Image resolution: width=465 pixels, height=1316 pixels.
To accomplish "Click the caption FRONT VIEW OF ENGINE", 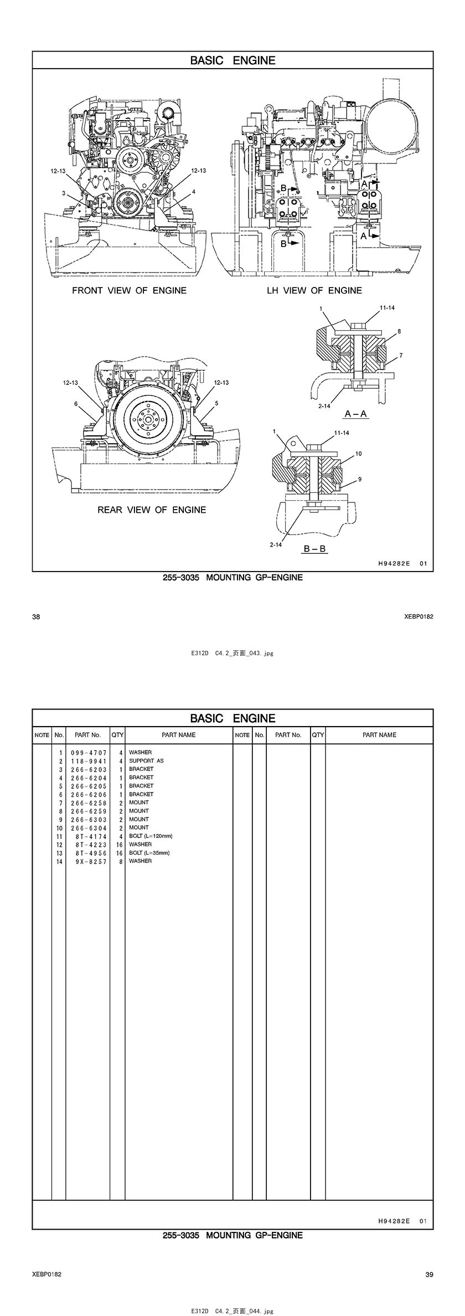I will point(129,290).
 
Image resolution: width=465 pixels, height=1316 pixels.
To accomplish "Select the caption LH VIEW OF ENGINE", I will point(314,290).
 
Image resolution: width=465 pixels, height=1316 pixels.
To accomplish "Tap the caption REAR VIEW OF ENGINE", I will point(152,510).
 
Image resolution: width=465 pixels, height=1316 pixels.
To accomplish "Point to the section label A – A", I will point(356,413).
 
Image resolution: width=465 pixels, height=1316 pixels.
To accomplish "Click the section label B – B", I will point(314,549).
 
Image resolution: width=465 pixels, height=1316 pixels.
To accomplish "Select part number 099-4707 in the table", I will point(89,753).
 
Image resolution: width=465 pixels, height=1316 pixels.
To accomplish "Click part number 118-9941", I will point(89,761).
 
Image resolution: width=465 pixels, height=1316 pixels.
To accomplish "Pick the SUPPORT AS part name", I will point(146,761).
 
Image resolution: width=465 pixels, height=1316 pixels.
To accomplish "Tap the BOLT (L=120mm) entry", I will point(151,836).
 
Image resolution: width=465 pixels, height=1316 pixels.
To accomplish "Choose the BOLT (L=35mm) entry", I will point(149,852).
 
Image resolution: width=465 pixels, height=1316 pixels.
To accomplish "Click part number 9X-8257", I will point(91,861).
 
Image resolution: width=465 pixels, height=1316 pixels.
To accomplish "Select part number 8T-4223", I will point(91,845).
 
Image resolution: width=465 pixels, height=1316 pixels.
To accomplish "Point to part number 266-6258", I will point(89,803).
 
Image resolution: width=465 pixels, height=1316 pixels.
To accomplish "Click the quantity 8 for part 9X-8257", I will point(120,861).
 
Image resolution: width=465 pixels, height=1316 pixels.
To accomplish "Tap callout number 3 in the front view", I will point(64,193).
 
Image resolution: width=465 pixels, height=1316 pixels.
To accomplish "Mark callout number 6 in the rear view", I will point(76,404).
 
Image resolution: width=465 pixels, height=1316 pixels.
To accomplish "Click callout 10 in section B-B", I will point(358,454).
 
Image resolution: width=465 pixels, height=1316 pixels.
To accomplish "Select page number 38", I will point(35,616).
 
